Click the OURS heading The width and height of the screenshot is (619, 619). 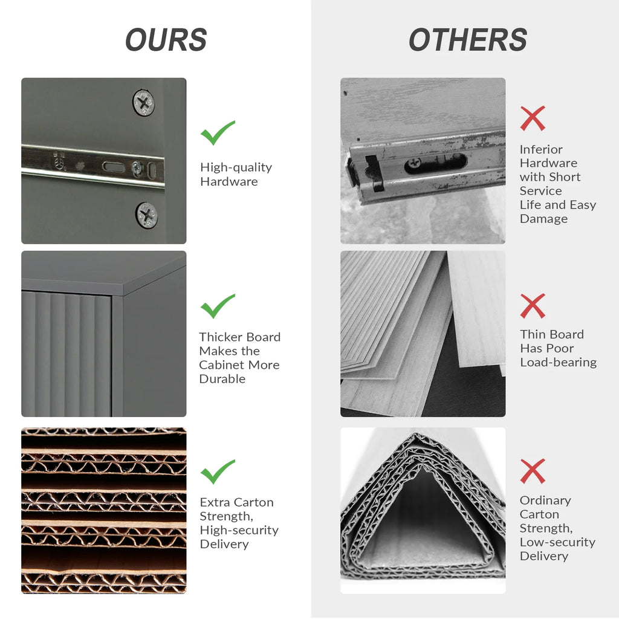tap(166, 39)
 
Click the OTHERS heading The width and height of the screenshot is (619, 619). tap(468, 39)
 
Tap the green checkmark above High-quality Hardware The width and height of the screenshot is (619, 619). tap(218, 132)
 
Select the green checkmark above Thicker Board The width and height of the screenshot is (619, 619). tap(218, 306)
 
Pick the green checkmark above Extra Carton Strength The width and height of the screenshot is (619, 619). tap(218, 472)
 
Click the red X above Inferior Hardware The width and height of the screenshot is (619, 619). tap(533, 118)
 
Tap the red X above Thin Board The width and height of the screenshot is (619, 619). tap(533, 305)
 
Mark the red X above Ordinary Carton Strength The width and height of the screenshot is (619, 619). tap(533, 471)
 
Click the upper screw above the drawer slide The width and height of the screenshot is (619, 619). tap(143, 103)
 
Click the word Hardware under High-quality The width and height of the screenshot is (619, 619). tap(229, 181)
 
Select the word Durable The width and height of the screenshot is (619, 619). tap(222, 379)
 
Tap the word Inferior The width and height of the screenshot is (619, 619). tap(541, 150)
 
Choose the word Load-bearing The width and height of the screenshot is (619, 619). tap(558, 363)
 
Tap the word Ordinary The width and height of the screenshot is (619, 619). tap(545, 501)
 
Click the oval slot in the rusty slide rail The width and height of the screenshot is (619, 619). tap(435, 162)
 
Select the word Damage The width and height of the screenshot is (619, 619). tap(543, 219)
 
